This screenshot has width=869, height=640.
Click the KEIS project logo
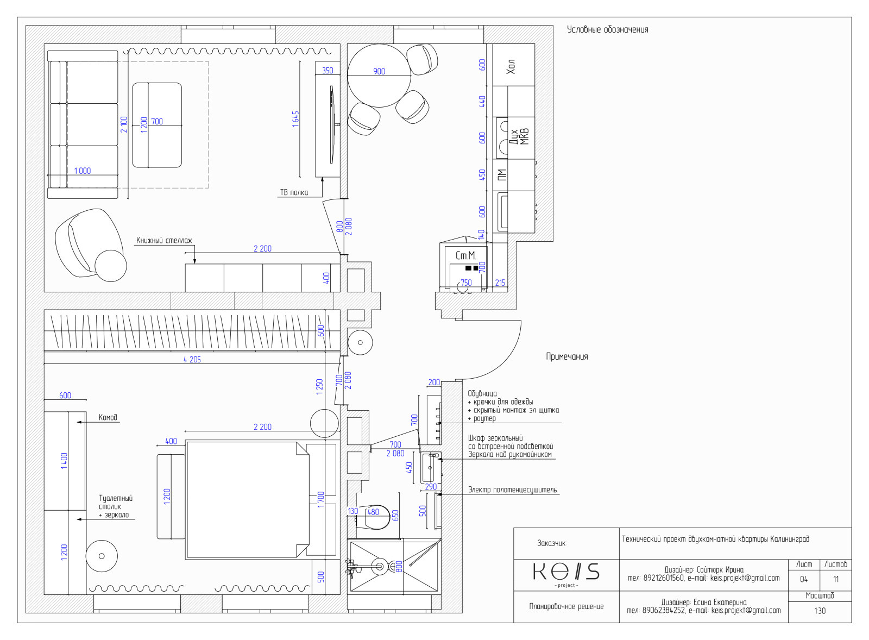pyautogui.click(x=566, y=574)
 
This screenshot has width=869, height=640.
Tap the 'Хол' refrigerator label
pyautogui.click(x=511, y=66)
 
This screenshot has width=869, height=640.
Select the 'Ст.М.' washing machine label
pyautogui.click(x=465, y=255)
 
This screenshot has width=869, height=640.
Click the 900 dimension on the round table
pyautogui.click(x=379, y=71)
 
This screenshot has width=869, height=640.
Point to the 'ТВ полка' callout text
pyautogui.click(x=294, y=192)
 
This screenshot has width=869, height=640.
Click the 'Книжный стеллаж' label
pyautogui.click(x=164, y=241)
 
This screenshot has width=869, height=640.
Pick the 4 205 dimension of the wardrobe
pyautogui.click(x=192, y=360)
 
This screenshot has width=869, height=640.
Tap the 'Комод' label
pyautogui.click(x=108, y=418)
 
